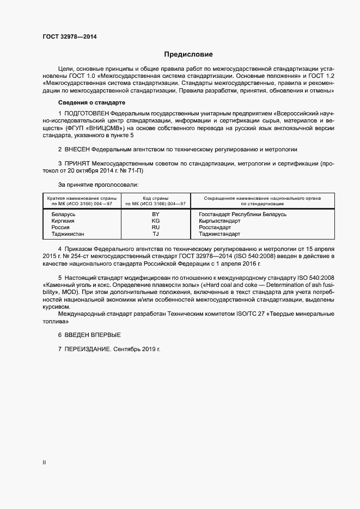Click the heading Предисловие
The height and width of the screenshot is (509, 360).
point(188,54)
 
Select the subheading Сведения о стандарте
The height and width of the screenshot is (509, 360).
point(92,102)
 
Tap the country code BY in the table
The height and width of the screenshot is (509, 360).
point(156,214)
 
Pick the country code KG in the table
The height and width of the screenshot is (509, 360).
point(156,221)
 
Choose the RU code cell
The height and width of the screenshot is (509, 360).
point(156,228)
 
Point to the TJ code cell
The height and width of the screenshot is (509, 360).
point(156,234)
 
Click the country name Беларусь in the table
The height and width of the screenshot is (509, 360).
point(63,214)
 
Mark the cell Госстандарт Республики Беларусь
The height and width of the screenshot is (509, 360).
point(242,214)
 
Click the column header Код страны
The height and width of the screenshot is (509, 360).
point(156,198)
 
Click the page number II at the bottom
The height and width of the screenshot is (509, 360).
point(44,462)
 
